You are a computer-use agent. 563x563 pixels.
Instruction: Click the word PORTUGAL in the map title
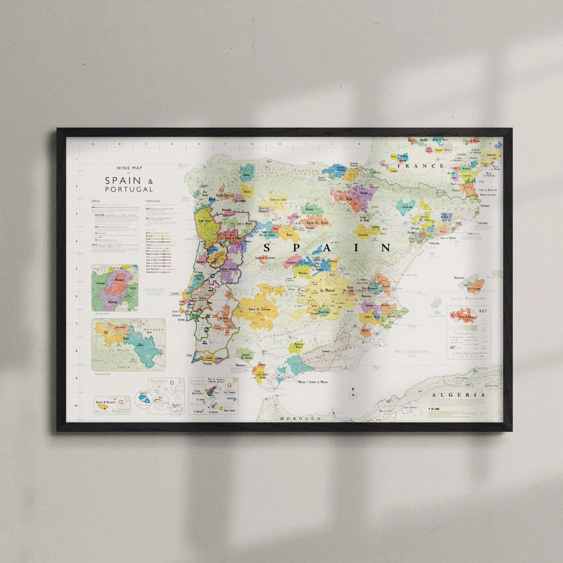point(129,189)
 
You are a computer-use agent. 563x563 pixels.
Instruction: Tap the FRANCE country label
point(421,166)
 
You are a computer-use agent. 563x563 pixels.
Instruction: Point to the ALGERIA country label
point(458,395)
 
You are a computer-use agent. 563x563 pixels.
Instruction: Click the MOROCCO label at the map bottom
point(300,419)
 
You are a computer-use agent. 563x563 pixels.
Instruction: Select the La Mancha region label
point(328,290)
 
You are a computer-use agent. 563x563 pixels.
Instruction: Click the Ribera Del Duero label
point(317,223)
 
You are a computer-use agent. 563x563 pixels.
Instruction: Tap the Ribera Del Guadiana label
point(259,309)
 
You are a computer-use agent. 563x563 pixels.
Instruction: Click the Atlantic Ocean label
point(154,292)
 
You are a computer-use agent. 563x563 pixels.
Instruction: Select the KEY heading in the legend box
point(483,311)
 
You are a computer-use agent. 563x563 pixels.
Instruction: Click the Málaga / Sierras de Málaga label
point(313,382)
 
